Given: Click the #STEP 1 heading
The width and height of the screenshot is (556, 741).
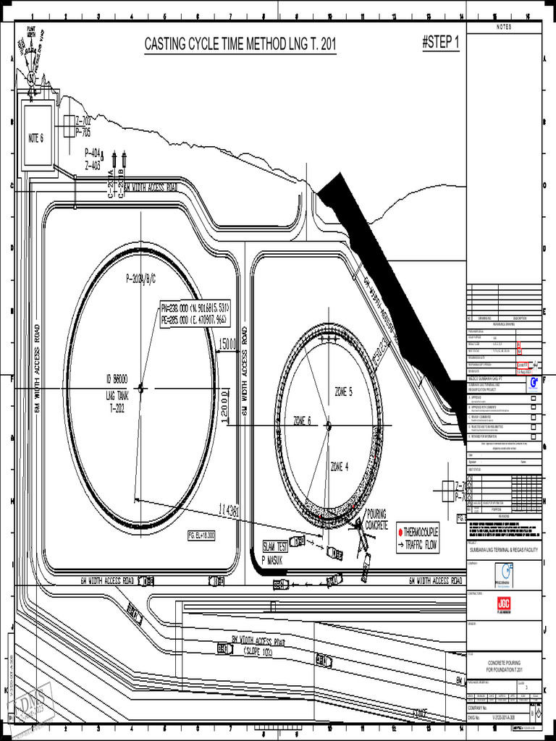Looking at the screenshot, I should click(x=440, y=43).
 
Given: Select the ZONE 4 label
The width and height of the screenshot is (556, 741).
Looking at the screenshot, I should click(x=340, y=466).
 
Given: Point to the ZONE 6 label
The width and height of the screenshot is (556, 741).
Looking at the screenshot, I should click(x=302, y=420).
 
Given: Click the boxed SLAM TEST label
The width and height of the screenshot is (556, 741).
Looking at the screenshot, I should click(x=275, y=546).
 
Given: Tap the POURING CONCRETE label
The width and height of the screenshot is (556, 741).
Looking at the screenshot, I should click(x=377, y=519).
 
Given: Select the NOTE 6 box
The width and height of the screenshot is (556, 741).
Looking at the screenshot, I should click(x=36, y=138).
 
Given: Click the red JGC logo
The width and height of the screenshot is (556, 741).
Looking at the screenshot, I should click(x=504, y=604).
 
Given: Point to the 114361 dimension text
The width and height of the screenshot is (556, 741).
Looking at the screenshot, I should click(x=228, y=511).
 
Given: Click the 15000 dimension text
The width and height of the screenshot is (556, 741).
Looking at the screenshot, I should click(x=228, y=344).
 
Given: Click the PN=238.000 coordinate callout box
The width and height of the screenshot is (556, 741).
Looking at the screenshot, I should click(x=195, y=313).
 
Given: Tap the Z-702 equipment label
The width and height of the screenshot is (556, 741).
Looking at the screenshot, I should click(x=83, y=121).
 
